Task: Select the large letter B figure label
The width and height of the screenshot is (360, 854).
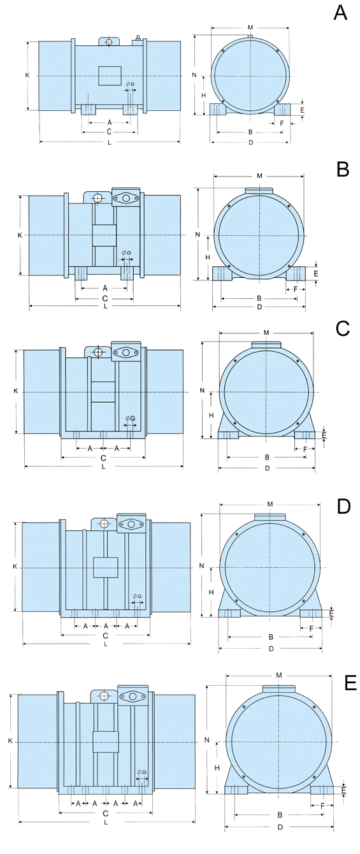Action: pos(342,169)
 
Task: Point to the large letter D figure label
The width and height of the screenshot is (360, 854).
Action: pos(343,506)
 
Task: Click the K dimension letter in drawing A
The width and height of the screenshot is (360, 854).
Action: pos(27,75)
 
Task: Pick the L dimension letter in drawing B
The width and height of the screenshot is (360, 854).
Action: pos(104,307)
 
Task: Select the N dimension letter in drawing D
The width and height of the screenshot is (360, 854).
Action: pos(201,566)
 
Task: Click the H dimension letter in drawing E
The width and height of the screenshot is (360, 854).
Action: pos(217,768)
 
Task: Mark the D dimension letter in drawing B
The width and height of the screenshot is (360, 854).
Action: pos(259,307)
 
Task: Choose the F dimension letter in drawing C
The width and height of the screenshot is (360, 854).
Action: pos(305,449)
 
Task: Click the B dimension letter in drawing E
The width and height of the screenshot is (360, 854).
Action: pos(279,814)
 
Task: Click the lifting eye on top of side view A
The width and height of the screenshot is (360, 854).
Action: pos(109,41)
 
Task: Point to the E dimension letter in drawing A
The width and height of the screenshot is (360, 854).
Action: pos(302,110)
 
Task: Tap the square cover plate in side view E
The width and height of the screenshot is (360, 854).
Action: pos(106,742)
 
